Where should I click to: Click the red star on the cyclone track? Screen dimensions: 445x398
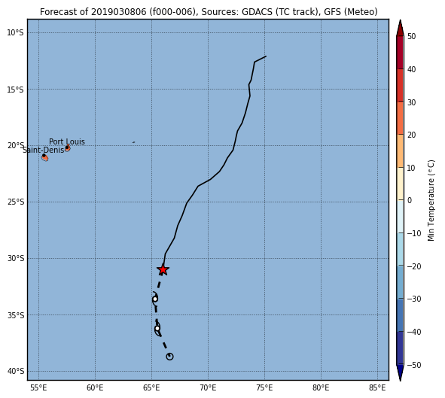[163, 269]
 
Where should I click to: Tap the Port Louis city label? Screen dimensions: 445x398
[67, 141]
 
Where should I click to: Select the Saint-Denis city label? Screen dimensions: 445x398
[44, 150]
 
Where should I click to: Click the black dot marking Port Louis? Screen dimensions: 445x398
[67, 147]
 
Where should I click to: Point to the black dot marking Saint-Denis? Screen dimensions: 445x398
[44, 156]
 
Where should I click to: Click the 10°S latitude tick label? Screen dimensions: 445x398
[15, 32]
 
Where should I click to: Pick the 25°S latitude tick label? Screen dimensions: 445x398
[15, 202]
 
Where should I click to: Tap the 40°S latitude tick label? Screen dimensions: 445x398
[15, 371]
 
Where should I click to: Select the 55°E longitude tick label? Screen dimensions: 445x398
[38, 387]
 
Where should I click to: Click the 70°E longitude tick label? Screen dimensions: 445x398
[208, 387]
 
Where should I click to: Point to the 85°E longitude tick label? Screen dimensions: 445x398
[377, 387]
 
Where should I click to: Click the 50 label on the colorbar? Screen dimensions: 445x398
[411, 36]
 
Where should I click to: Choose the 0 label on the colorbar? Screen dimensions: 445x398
[410, 200]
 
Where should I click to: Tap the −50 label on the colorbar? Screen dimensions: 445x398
[414, 365]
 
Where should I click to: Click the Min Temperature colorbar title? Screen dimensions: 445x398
[431, 200]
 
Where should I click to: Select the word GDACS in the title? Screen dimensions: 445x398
[255, 12]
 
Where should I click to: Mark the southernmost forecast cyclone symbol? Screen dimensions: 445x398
[169, 357]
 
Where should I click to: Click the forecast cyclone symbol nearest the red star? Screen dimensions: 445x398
[155, 299]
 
